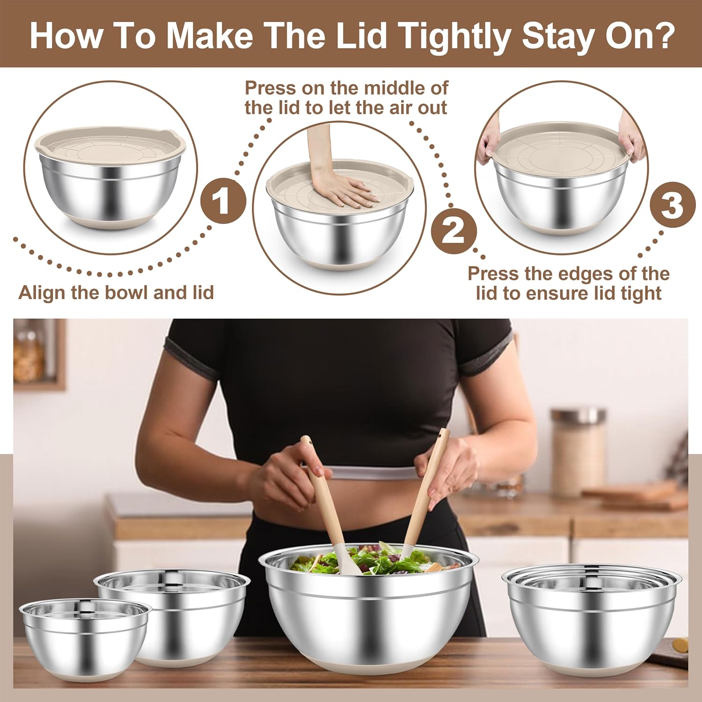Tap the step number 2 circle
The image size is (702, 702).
[453, 230]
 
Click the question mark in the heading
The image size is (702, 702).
[660, 36]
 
